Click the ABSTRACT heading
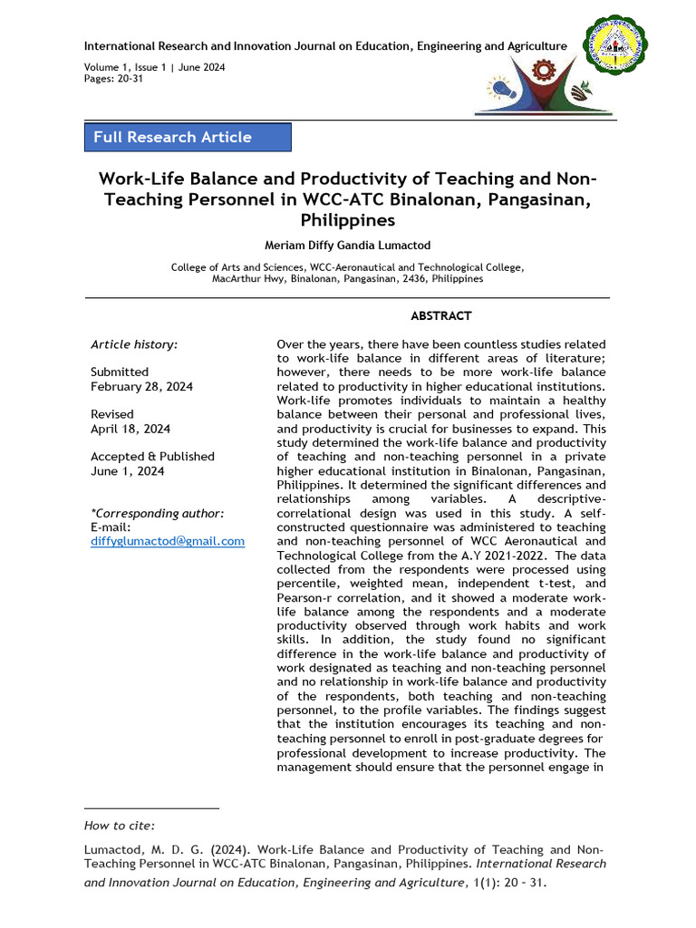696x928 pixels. pos(440,315)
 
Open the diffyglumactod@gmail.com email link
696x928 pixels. pos(168,541)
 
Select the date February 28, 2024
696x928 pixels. pos(141,386)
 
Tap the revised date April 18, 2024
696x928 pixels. pos(130,429)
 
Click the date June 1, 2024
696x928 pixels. pos(127,471)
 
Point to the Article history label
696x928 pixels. pos(134,344)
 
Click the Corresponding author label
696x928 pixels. pos(158,513)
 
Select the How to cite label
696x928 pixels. pos(120,825)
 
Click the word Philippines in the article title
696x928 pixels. pos(348,220)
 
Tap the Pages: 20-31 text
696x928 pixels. pos(113,79)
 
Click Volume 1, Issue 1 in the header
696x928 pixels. pos(126,67)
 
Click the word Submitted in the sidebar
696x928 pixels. pos(120,372)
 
